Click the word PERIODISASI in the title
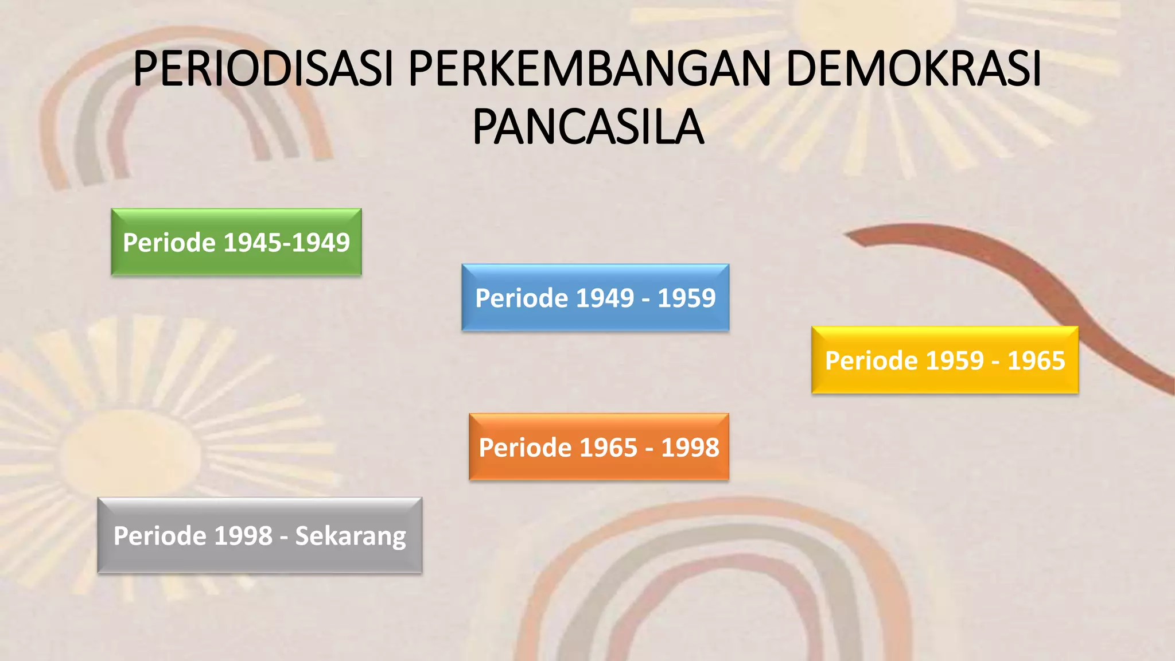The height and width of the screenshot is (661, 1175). [x=263, y=69]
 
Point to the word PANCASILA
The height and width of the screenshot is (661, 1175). [x=587, y=127]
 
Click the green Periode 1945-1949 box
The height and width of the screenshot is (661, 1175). [x=236, y=242]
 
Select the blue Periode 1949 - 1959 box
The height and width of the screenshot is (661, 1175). [x=595, y=298]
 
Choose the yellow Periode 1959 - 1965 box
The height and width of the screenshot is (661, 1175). [x=944, y=360]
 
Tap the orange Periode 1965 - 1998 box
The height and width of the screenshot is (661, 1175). [x=598, y=447]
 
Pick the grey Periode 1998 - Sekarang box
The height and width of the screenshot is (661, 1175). [x=259, y=535]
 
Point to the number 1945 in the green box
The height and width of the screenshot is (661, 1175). [x=251, y=243]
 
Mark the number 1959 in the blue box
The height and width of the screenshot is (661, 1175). [x=686, y=298]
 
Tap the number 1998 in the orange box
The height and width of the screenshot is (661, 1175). [x=690, y=448]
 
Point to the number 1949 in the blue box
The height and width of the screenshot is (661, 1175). [x=605, y=298]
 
